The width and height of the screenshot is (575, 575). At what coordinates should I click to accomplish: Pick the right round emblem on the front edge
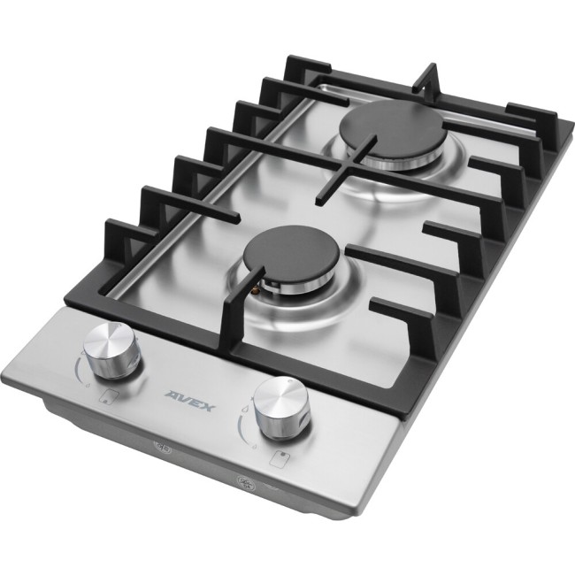[245, 483]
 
